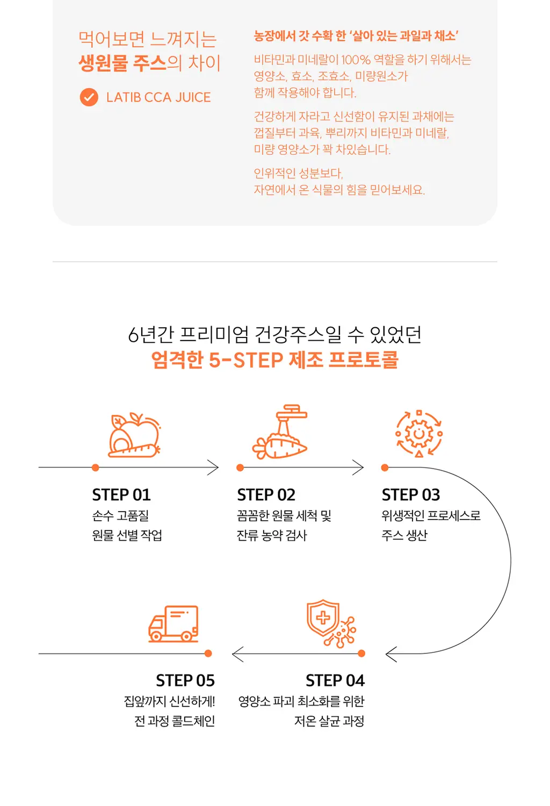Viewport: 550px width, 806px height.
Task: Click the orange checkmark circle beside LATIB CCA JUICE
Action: (89, 97)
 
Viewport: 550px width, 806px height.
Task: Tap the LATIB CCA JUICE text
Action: (158, 97)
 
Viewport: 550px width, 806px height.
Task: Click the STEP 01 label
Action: (121, 495)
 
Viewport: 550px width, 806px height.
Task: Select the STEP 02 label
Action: (266, 495)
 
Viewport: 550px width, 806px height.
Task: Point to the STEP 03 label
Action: (411, 495)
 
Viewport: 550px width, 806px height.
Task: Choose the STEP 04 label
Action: (335, 680)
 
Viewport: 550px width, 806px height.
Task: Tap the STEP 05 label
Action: (185, 680)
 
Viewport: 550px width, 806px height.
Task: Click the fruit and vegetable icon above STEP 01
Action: (134, 435)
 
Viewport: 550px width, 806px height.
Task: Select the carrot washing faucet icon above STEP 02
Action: (280, 431)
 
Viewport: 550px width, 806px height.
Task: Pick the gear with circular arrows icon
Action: (419, 434)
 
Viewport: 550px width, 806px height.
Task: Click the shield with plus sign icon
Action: (331, 623)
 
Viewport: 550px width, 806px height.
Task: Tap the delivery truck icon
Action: (173, 624)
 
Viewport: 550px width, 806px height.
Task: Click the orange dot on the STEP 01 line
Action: (95, 467)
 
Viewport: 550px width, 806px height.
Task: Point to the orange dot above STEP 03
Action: (385, 467)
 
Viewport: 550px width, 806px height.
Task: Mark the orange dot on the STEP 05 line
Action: (208, 653)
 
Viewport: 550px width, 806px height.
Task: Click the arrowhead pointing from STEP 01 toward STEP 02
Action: (213, 467)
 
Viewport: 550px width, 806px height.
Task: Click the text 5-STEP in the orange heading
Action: (246, 360)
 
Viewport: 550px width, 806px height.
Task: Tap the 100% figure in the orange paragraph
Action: (356, 59)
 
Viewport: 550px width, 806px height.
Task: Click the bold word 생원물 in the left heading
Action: (103, 63)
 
